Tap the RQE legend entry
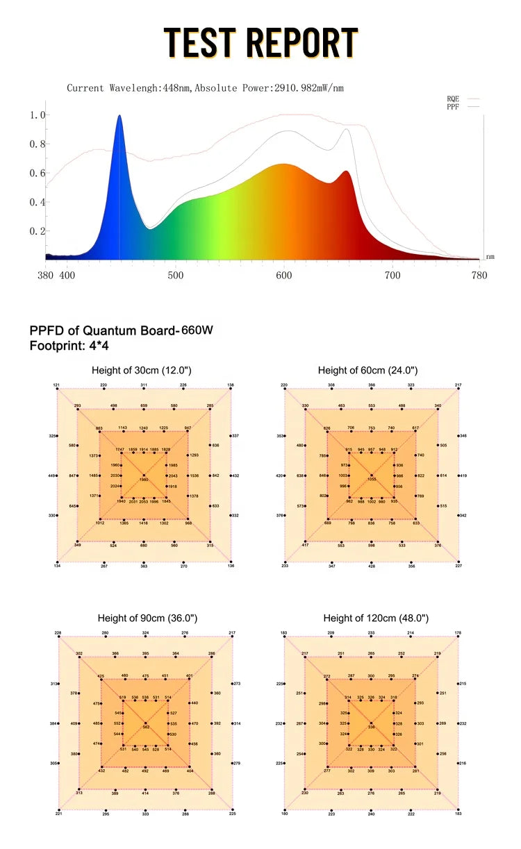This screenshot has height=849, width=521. [x=453, y=99]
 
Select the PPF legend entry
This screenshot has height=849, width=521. [x=453, y=107]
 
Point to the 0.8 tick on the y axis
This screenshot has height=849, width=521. [x=38, y=144]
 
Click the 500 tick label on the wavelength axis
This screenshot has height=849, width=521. [x=175, y=276]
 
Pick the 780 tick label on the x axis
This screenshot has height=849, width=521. [x=479, y=276]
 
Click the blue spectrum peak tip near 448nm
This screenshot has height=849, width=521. [x=119, y=117]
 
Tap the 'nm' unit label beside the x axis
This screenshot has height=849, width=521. [x=490, y=257]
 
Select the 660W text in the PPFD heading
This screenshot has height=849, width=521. [x=198, y=330]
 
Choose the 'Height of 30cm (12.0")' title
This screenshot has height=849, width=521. [x=142, y=371]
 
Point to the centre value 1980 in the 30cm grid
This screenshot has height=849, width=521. [x=144, y=480]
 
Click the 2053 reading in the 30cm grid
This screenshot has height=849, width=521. [x=143, y=501]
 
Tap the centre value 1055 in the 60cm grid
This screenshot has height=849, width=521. [x=372, y=480]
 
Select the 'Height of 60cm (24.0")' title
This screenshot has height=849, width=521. [x=368, y=371]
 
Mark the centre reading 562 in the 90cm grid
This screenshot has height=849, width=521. [x=146, y=727]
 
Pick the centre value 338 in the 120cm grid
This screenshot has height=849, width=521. [x=372, y=727]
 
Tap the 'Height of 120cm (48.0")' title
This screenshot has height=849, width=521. [x=376, y=618]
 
